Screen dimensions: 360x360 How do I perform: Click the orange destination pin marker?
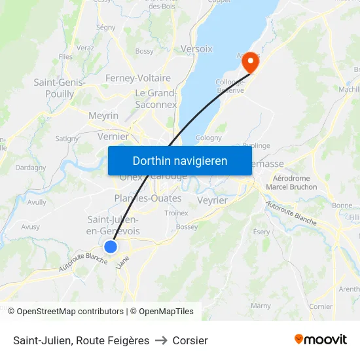click(x=249, y=62)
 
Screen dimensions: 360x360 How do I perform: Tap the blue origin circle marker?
click(x=111, y=247)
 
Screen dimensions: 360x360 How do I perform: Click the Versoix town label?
click(x=196, y=49)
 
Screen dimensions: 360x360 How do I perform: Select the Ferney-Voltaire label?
click(x=138, y=78)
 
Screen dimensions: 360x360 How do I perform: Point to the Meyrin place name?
click(x=103, y=116)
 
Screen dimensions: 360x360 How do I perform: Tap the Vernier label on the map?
click(x=113, y=137)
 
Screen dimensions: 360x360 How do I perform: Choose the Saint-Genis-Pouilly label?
click(x=60, y=88)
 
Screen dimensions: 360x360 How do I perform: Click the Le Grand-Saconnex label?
click(x=156, y=99)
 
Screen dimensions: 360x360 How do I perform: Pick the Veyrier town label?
click(x=211, y=200)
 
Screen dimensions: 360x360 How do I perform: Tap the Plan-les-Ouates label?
click(x=148, y=198)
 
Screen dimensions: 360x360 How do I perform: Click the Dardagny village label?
click(x=31, y=168)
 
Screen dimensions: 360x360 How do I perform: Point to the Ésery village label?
click(x=261, y=232)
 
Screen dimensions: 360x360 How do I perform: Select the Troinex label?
click(x=176, y=213)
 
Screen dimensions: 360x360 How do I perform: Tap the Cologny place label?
click(x=209, y=138)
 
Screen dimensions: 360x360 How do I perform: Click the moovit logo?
click(x=320, y=339)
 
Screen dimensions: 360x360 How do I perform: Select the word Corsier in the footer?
click(x=190, y=340)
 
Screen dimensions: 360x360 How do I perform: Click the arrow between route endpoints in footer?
click(x=161, y=340)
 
